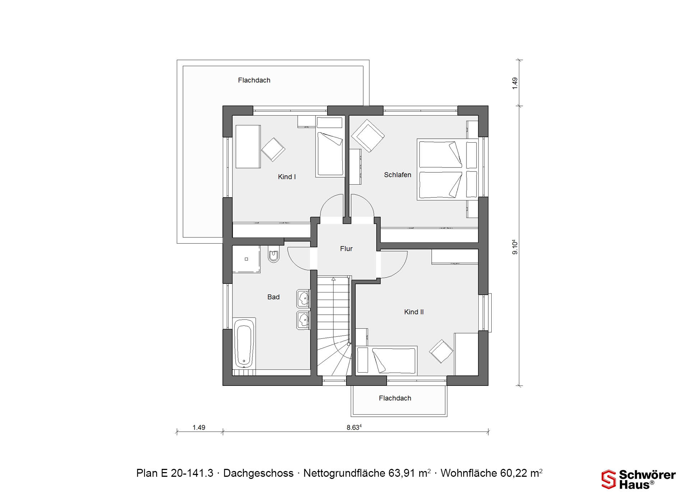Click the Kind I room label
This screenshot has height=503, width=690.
point(287,177)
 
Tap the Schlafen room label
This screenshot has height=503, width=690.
point(397,175)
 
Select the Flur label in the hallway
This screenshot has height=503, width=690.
point(346,249)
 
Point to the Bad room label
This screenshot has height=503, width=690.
point(273,297)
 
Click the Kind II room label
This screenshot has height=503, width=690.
point(414,312)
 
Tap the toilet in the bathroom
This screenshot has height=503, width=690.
point(273,254)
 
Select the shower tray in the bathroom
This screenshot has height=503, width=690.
point(246,259)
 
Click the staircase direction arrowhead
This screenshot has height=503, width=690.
point(333,279)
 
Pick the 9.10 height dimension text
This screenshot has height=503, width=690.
point(515,247)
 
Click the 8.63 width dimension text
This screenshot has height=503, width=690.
point(354,427)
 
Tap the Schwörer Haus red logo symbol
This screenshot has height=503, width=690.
point(609,479)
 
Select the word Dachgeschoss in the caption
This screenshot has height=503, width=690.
point(258,473)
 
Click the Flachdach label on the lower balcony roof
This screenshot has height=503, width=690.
point(395,398)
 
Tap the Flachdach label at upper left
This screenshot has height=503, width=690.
point(254,80)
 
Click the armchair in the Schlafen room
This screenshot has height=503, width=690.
point(368,136)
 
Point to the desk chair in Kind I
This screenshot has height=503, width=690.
point(273,149)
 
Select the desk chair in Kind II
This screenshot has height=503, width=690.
point(441,351)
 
